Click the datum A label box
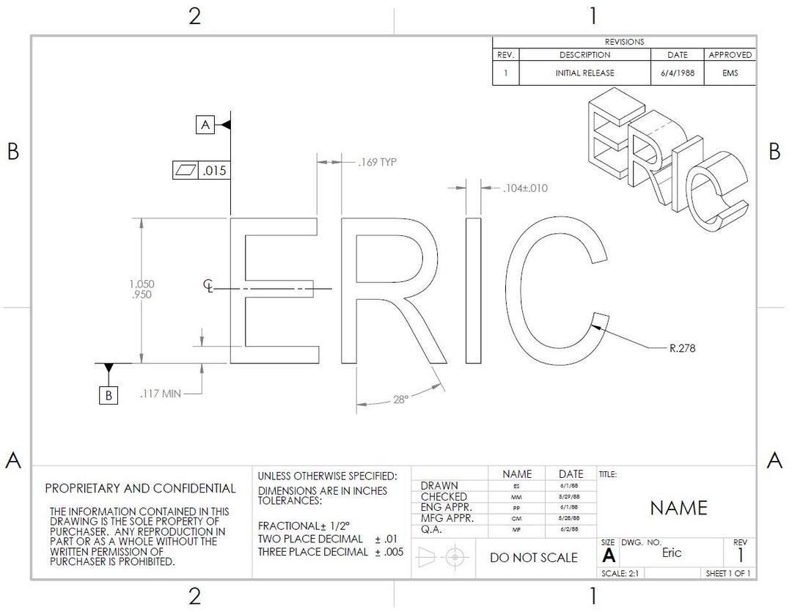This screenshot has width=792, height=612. click(206, 125)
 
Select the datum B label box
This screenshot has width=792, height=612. click(109, 395)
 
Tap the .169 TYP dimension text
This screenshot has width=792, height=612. click(377, 162)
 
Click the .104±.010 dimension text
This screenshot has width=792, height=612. click(525, 188)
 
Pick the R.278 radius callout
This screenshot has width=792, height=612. click(682, 348)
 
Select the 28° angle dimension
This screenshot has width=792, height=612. click(400, 399)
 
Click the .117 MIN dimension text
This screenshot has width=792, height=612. click(160, 394)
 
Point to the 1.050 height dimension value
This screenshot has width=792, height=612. click(142, 284)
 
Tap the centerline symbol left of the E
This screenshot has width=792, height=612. click(209, 287)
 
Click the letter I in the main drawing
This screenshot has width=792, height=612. click(474, 290)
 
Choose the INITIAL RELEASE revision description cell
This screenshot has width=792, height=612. click(584, 73)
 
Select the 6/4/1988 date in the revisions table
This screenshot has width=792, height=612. click(678, 73)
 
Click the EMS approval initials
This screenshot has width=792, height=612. click(730, 73)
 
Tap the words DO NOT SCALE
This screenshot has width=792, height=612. click(533, 558)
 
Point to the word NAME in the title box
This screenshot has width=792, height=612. click(678, 507)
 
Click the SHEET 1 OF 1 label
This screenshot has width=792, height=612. click(727, 573)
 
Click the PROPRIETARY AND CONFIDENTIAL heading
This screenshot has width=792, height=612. click(141, 488)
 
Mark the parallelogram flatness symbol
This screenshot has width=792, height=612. click(183, 170)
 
